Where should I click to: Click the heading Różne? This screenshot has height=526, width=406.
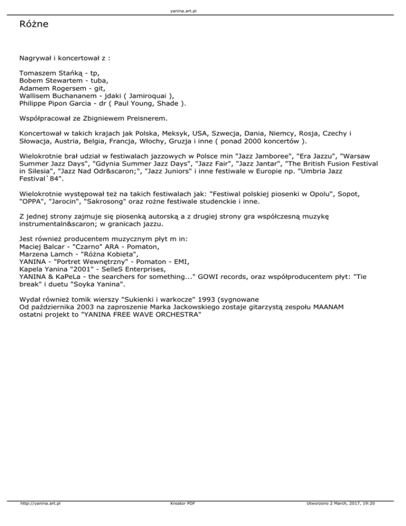35,24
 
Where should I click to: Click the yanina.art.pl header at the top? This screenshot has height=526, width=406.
203,11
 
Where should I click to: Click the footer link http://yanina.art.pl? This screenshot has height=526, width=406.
40,519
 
